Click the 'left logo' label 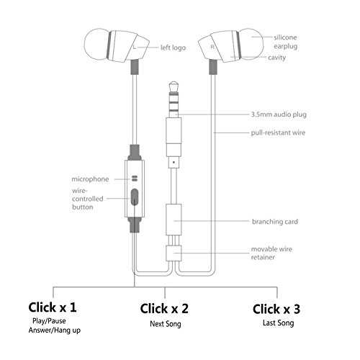pyautogui.click(x=173, y=48)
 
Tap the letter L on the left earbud pyautogui.click(x=135, y=48)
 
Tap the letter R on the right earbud pyautogui.click(x=212, y=47)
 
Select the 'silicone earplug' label pyautogui.click(x=286, y=42)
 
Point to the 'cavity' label pyautogui.click(x=276, y=58)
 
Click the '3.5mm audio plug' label pyautogui.click(x=279, y=114)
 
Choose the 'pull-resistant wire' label pyautogui.click(x=278, y=132)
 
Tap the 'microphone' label pyautogui.click(x=90, y=179)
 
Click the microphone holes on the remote pyautogui.click(x=135, y=178)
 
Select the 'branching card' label pyautogui.click(x=275, y=222)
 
